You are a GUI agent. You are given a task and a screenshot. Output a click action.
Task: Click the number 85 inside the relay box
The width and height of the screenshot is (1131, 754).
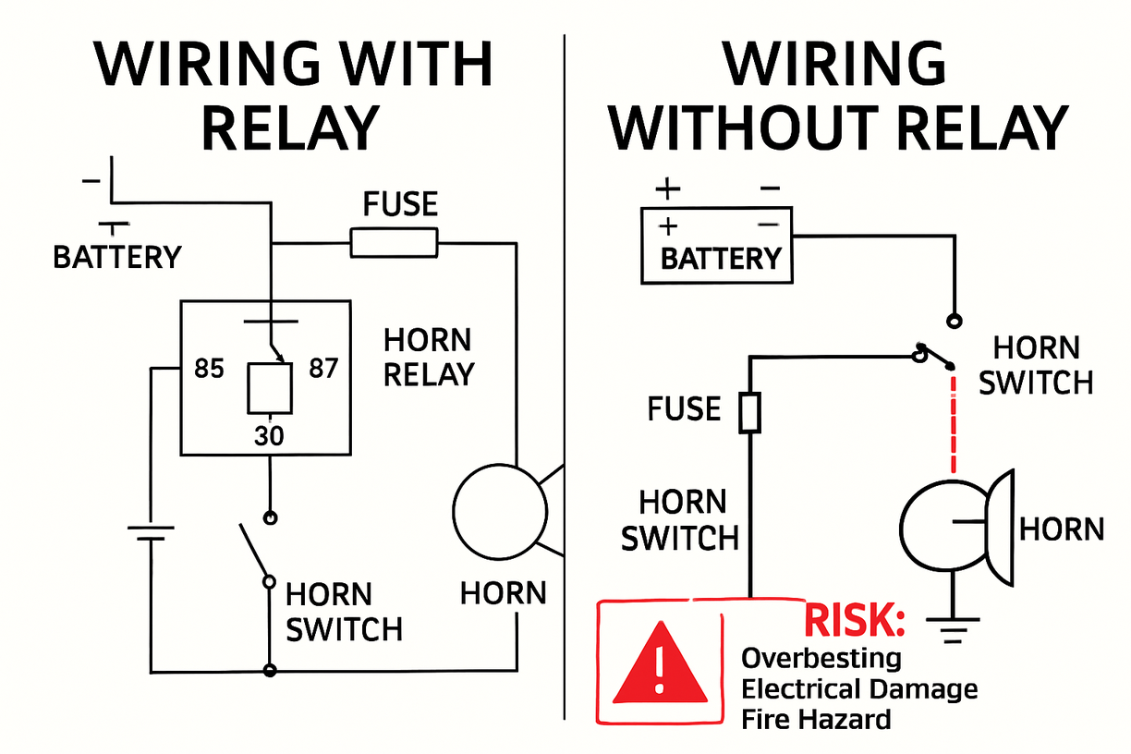click(209, 369)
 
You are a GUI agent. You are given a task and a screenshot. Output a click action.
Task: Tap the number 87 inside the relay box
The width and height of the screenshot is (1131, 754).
click(323, 369)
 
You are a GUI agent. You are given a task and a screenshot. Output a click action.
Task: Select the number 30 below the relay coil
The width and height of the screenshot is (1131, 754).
click(269, 434)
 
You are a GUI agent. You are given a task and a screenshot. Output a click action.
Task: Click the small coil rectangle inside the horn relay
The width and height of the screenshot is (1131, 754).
click(269, 387)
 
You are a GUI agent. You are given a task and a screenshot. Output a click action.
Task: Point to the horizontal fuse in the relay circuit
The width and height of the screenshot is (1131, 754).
click(394, 244)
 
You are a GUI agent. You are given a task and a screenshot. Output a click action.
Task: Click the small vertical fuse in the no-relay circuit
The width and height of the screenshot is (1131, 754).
click(750, 413)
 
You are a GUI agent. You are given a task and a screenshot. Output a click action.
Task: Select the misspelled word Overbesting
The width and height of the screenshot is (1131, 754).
click(821, 658)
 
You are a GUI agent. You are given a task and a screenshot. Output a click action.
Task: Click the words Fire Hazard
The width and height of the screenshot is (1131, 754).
click(816, 719)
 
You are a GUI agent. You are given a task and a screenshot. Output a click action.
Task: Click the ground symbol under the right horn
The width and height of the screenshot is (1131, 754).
click(952, 634)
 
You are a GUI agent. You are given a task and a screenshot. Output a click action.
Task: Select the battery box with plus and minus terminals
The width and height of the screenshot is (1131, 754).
click(717, 244)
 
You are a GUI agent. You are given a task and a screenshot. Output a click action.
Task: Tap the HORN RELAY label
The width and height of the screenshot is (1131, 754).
click(428, 357)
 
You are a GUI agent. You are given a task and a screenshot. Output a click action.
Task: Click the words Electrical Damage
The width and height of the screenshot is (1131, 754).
click(859, 688)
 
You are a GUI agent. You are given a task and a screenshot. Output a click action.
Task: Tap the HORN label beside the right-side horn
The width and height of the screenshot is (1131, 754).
click(1062, 529)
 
